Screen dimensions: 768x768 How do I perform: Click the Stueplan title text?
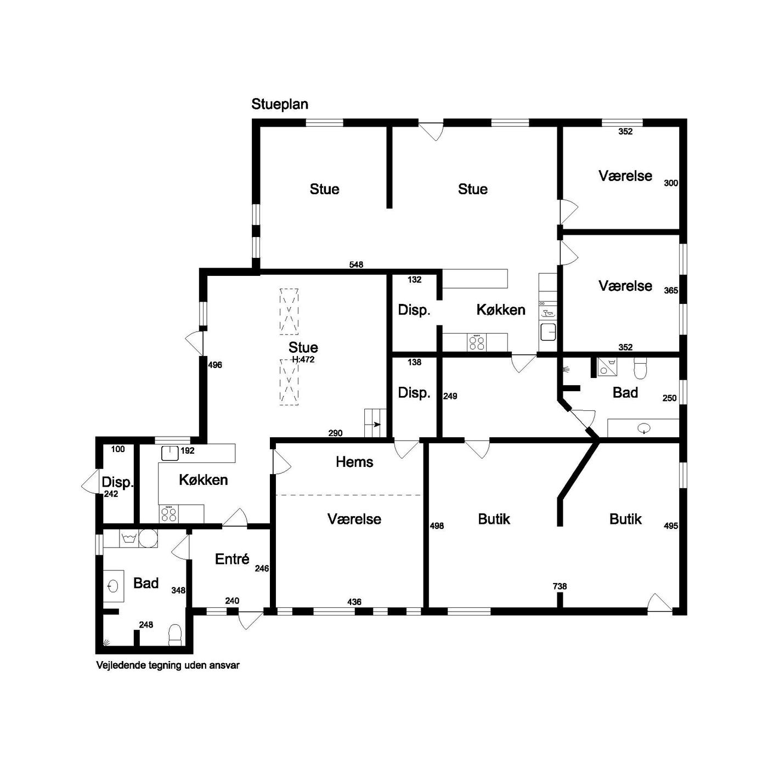point(279,104)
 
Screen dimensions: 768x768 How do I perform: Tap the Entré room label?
point(232,559)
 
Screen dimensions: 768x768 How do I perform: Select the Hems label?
point(354,462)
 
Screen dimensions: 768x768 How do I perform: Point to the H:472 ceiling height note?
point(303,359)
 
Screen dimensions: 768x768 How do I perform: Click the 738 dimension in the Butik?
point(560,586)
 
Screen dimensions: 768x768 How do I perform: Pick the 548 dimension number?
point(356,264)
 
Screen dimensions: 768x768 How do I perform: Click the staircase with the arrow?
point(375,423)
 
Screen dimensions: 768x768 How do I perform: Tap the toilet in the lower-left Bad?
point(175,635)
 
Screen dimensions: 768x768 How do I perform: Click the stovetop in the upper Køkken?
point(477,342)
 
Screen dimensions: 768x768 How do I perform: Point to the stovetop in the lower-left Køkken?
point(168,514)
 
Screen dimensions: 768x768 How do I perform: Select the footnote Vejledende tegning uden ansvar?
point(168,665)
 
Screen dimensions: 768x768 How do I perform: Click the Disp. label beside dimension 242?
point(117,482)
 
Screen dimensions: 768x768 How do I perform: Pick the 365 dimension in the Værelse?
point(671,291)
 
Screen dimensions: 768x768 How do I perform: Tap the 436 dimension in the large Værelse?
point(354,602)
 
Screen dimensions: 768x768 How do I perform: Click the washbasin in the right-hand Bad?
point(643,428)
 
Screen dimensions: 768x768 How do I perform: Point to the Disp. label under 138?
point(414,393)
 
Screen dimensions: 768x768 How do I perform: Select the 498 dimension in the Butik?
point(437,526)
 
